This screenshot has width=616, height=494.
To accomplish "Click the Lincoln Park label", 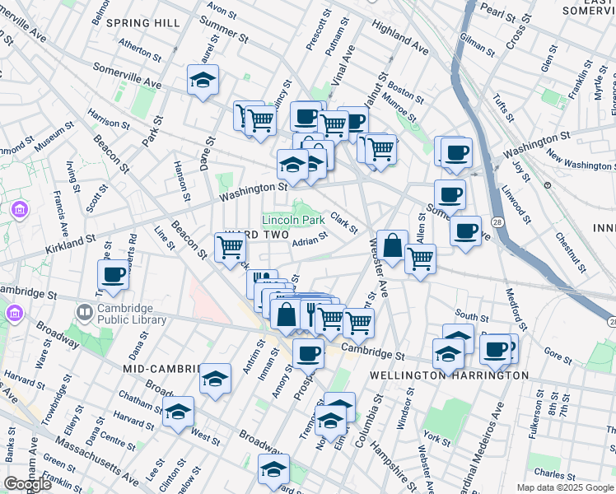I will click(x=293, y=221).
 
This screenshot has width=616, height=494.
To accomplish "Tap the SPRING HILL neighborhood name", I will click(x=142, y=23).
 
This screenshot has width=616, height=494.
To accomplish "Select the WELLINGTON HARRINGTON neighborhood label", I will click(x=449, y=375).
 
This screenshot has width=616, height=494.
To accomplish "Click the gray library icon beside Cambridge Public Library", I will click(x=84, y=313).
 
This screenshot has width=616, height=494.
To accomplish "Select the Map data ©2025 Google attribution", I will click(x=565, y=487).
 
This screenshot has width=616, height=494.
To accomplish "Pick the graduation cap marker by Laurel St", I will click(x=203, y=81).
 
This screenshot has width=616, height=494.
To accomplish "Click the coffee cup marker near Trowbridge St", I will click(x=113, y=275).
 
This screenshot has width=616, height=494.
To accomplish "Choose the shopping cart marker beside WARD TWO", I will click(x=230, y=247).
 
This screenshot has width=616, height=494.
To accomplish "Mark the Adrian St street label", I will click(x=310, y=240).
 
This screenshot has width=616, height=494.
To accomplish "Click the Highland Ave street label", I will click(x=399, y=39).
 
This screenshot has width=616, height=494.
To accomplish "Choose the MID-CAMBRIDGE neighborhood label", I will click(x=162, y=368).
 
